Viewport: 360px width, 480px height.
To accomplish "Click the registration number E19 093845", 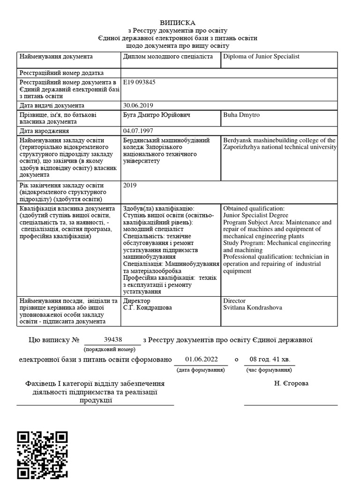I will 139,82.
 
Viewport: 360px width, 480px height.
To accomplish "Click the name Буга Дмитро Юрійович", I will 157,115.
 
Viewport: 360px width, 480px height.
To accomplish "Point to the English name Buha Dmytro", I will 241,115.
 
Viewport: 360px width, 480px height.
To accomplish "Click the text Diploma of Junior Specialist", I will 261,57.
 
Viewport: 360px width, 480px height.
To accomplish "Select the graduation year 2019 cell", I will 130,185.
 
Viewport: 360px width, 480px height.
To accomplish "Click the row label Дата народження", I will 44,131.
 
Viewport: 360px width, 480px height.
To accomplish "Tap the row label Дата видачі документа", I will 52,105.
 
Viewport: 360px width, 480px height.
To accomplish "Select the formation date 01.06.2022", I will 202,360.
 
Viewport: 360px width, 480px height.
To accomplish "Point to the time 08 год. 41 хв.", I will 270,360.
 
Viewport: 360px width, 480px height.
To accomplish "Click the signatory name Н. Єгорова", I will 292,383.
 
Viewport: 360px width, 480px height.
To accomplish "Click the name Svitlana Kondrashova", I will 253,307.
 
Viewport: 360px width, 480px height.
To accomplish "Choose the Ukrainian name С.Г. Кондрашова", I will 147,307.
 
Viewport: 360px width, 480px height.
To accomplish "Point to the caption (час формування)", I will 270,370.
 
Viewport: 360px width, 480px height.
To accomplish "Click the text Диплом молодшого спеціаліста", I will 168,57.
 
